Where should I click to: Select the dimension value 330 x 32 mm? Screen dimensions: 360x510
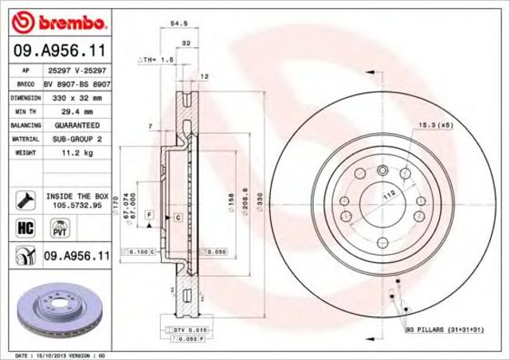(x=76, y=97)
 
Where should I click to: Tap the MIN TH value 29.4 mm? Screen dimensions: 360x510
(x=76, y=112)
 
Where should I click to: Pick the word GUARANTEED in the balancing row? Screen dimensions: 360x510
(x=76, y=126)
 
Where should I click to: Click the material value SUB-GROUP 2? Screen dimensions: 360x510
(x=76, y=139)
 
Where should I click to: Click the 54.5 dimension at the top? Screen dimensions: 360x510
(x=179, y=25)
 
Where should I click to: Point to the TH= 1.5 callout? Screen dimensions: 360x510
(x=156, y=60)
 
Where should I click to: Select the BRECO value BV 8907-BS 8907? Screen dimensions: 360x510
(x=76, y=84)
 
